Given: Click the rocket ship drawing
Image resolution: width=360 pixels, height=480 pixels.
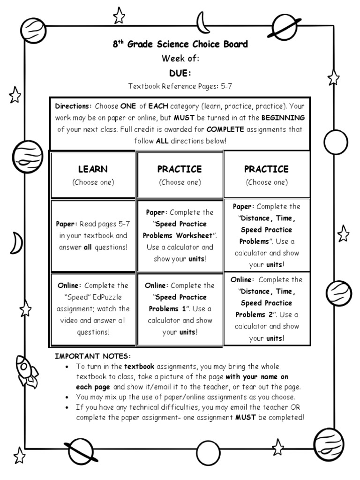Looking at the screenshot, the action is tap(26, 371).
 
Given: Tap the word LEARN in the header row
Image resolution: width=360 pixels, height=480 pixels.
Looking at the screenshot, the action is tap(93, 169).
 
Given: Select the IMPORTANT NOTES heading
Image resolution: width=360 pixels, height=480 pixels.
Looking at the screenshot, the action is tap(93, 356).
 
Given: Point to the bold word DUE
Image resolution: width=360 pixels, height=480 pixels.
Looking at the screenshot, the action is tap(180, 73).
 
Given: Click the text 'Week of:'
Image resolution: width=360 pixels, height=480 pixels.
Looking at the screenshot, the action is tap(180, 59).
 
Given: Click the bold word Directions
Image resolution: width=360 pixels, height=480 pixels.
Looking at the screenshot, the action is tap(74, 106).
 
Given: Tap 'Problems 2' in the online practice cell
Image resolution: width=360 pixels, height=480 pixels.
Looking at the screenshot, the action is tap(256, 315).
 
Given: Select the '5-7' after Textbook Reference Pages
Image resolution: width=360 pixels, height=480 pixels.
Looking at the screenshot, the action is tap(226, 86).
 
